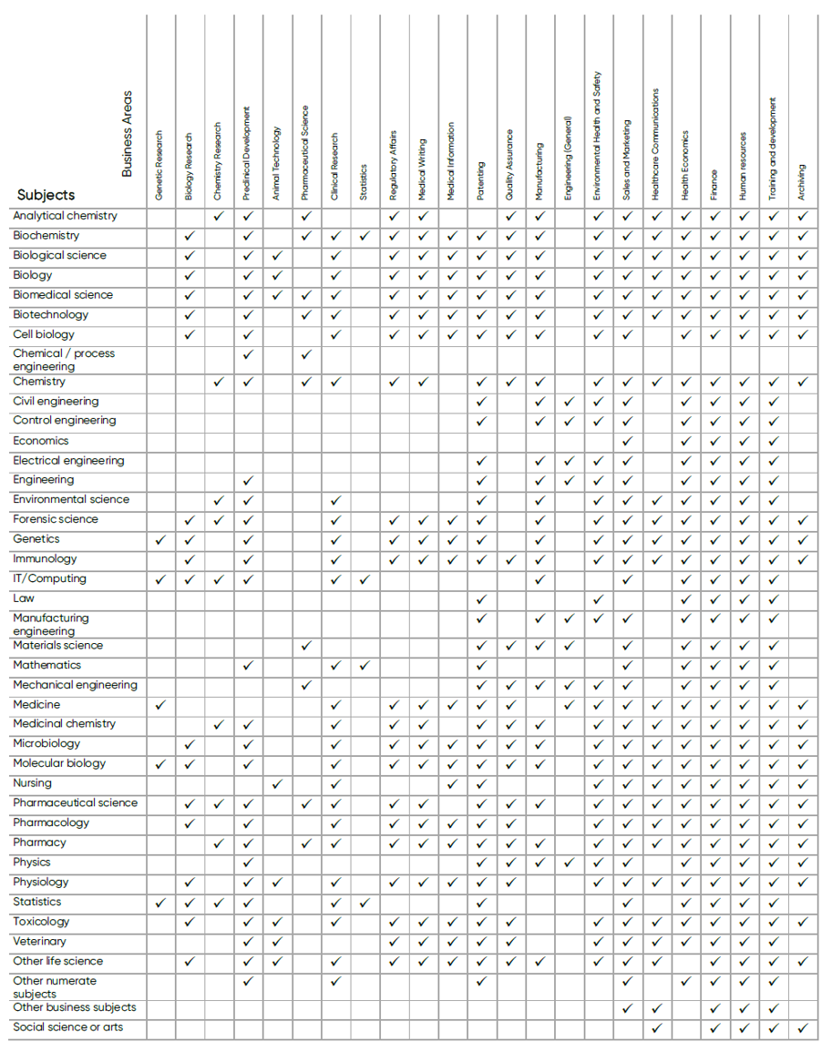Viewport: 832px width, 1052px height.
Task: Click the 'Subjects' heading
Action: coord(46,195)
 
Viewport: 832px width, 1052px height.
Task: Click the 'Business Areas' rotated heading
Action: coord(128,133)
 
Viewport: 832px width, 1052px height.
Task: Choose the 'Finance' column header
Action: coord(714,184)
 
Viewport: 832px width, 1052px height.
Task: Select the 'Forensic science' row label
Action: coord(56,519)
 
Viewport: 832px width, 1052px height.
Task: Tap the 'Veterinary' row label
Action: coord(39,941)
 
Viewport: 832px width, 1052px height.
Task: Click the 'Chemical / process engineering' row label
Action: coord(64,360)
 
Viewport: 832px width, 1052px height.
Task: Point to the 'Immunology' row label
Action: coord(45,558)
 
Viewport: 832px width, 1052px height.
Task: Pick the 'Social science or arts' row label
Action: coord(67,1027)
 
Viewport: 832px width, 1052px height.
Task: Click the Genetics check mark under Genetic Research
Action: coord(160,539)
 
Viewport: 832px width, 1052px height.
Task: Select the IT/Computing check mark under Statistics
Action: coord(365,578)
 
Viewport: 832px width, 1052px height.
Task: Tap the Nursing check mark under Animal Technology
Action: coord(277,783)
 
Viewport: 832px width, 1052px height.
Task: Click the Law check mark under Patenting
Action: coord(481,598)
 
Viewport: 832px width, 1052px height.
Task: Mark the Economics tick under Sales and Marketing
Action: coord(627,441)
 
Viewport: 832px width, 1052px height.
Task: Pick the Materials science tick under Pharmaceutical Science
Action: coord(306,645)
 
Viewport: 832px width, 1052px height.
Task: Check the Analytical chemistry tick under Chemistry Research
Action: coord(219,216)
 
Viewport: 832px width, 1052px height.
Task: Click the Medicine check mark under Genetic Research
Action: coord(160,704)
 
